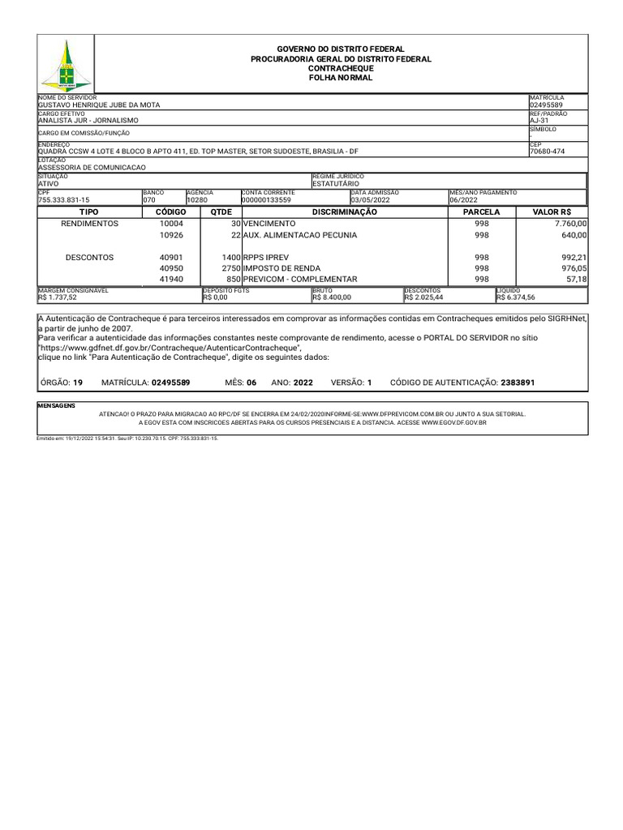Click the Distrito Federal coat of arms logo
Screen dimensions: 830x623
pos(66,64)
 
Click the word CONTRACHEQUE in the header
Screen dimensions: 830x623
pos(341,69)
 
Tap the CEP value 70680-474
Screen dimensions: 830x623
pos(548,152)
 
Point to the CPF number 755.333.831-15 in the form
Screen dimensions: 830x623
pos(64,199)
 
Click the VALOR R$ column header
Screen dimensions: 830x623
pos(552,212)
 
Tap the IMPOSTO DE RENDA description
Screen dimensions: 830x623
pos(281,268)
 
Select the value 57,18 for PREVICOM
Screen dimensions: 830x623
pos(576,280)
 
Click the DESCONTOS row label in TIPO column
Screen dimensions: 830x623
pos(89,258)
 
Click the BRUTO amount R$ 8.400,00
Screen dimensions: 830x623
pos(332,297)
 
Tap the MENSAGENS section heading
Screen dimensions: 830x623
pos(56,404)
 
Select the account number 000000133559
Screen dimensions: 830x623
pos(266,199)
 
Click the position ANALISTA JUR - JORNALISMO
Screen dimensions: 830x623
pos(88,120)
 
